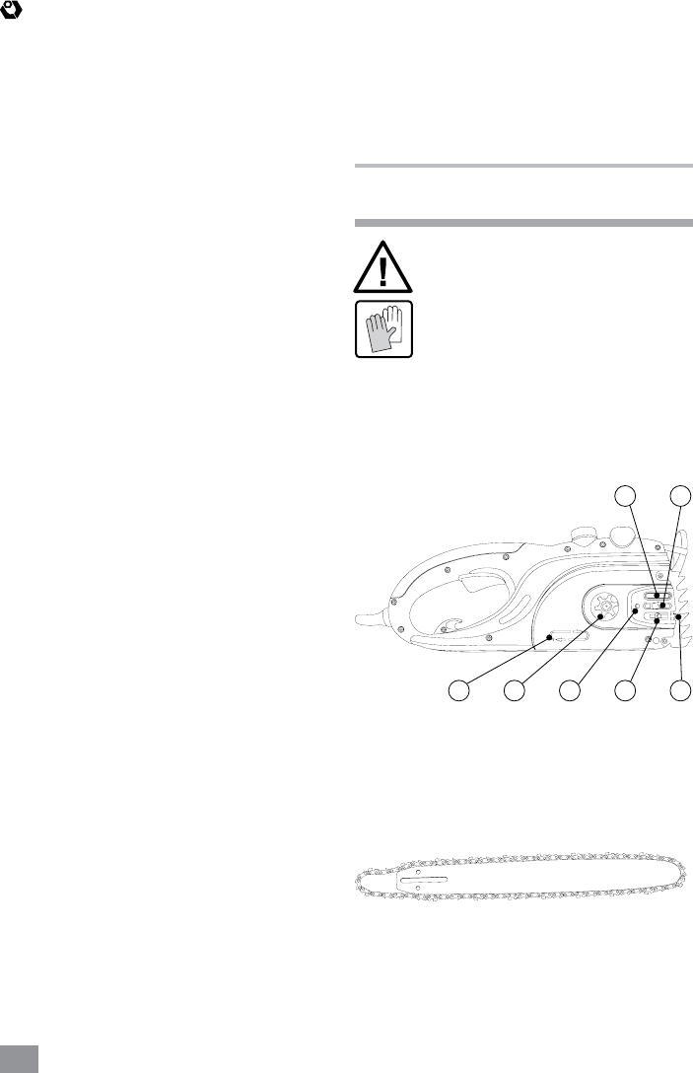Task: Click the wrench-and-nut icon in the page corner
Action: click(14, 11)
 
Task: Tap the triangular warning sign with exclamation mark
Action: click(383, 263)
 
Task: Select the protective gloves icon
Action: click(383, 328)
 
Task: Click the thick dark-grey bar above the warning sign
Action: click(522, 222)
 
